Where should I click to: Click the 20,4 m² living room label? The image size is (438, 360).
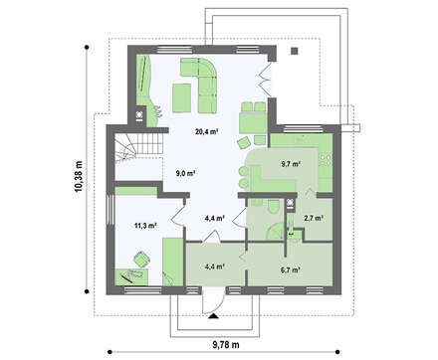tap(206, 131)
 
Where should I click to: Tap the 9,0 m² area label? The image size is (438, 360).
tap(185, 173)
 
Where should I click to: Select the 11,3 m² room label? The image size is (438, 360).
tap(145, 226)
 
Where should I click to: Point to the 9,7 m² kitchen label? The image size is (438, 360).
tap(291, 164)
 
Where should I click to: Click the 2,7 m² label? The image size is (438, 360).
tap(314, 218)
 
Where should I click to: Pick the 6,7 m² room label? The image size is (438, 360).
tap(291, 270)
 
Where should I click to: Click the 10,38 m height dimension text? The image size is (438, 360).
tap(79, 176)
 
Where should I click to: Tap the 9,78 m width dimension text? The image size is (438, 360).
tap(226, 345)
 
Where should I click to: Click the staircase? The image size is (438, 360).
tap(139, 147)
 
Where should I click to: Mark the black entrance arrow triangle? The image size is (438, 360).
tap(213, 316)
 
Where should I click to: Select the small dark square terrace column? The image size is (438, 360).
tap(295, 51)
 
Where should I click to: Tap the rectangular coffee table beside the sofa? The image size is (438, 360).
tap(181, 97)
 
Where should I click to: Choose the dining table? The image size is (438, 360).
tap(253, 123)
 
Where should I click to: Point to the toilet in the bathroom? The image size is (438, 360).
tap(274, 207)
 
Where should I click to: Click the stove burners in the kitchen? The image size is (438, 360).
tap(325, 160)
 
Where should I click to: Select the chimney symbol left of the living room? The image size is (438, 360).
tap(139, 115)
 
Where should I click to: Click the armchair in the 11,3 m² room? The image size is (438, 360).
tap(141, 260)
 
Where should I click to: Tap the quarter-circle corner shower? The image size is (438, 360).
tap(275, 232)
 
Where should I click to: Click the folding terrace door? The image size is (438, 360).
tap(265, 79)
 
